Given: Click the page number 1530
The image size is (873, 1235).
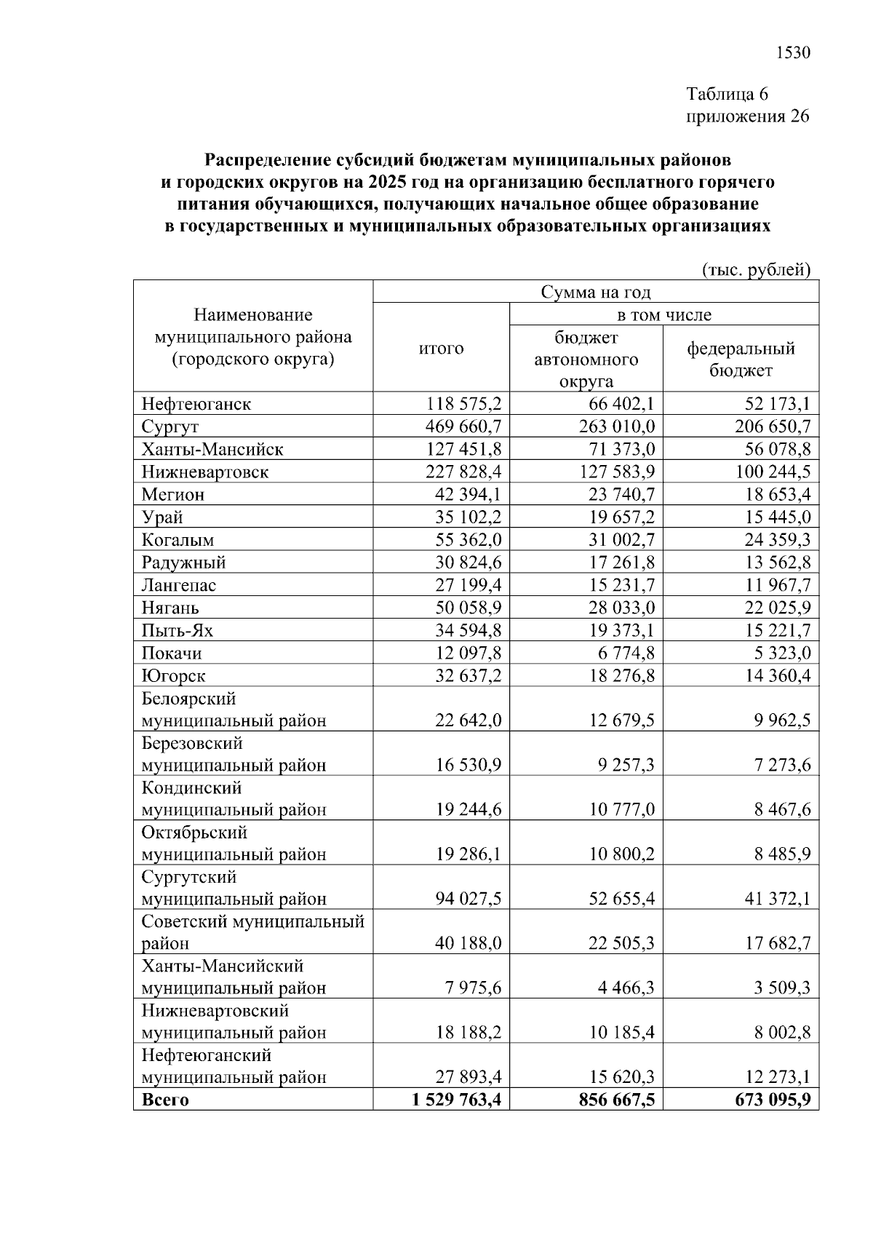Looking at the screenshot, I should tap(793, 53).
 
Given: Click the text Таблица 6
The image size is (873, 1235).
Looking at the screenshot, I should tap(727, 95).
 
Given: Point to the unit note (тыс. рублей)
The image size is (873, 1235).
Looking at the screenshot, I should tap(756, 270).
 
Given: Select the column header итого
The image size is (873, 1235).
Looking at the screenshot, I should tap(441, 349).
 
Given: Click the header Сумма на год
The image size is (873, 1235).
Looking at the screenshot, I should tap(595, 292).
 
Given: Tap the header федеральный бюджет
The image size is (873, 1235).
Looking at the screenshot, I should tap(741, 360).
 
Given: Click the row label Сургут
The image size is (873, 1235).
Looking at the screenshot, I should tap(170, 426).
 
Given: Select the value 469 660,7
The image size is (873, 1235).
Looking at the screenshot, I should tap(464, 426).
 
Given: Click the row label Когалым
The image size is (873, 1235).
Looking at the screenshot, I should tap(178, 540).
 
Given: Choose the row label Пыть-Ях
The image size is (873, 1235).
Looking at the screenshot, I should tap(177, 631).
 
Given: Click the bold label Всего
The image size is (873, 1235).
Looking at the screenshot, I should tap(165, 1100).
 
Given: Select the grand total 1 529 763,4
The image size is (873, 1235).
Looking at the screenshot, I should tap(456, 1100).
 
